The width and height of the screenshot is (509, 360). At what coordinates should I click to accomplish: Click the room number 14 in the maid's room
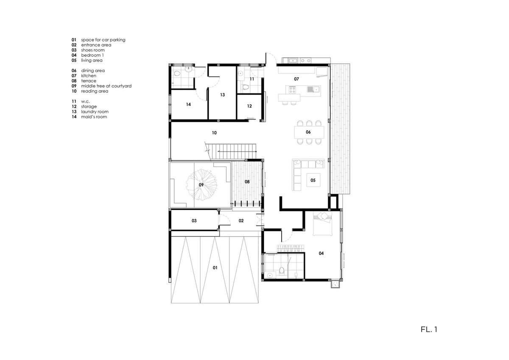click(x=188, y=104)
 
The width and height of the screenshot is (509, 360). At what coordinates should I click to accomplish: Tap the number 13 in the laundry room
click(x=222, y=95)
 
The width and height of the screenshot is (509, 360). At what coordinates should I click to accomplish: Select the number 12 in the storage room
click(x=249, y=106)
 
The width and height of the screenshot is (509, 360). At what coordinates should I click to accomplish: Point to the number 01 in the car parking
click(x=215, y=268)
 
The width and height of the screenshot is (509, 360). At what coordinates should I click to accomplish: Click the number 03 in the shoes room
click(x=194, y=220)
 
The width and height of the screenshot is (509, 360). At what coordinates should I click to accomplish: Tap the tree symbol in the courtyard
click(x=201, y=184)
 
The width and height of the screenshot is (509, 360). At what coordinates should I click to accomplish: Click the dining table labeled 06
click(x=309, y=132)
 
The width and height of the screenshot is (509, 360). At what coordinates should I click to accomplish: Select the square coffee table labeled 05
click(x=313, y=180)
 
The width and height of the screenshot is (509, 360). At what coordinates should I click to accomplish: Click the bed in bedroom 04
click(x=323, y=223)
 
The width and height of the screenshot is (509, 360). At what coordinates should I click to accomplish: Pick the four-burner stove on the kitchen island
click(x=292, y=89)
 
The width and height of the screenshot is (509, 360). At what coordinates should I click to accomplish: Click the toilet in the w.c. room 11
click(x=246, y=87)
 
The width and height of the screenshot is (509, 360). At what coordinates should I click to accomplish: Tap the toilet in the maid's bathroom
click(x=176, y=73)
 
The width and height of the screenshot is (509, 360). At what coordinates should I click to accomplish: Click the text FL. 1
click(x=429, y=329)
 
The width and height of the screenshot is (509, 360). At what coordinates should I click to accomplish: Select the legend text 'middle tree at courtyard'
click(x=106, y=86)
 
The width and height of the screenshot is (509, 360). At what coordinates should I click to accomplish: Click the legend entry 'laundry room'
click(x=95, y=112)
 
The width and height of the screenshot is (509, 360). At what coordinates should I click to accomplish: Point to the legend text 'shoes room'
click(x=93, y=50)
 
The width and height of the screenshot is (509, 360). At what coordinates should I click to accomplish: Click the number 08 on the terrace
click(x=247, y=182)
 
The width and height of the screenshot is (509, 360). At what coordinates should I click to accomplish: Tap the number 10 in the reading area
click(x=214, y=133)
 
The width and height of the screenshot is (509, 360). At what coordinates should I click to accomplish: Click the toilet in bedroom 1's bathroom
click(x=282, y=271)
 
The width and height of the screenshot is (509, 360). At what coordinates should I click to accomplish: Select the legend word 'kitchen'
click(x=89, y=75)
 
